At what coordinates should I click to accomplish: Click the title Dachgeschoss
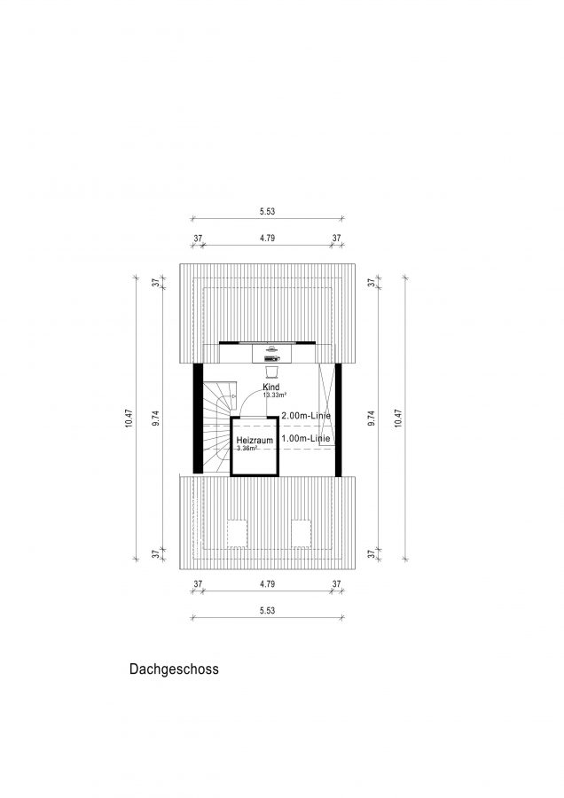coord(174,669)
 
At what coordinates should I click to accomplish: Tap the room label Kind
coord(271,387)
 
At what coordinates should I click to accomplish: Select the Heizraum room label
coord(255,440)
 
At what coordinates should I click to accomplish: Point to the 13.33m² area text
coord(274,395)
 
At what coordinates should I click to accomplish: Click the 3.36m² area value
coord(247,449)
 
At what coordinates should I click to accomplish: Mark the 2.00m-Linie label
coord(306,416)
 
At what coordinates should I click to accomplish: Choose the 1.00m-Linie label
coord(306,438)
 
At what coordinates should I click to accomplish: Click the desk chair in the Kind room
coord(272,372)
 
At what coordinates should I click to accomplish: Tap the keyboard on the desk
coord(272,359)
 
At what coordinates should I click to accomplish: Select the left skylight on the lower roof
coord(237,534)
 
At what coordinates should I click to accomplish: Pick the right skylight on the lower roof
coord(301,534)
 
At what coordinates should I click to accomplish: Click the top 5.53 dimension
coord(267,211)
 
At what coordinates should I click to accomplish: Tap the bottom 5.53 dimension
coord(267,610)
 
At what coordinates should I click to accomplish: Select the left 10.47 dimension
coord(129,418)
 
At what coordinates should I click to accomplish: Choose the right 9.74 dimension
coord(372,418)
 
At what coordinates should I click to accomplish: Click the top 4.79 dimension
coord(267,238)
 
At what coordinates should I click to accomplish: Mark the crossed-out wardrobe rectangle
coord(326,404)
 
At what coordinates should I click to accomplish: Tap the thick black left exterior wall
coord(198,419)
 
